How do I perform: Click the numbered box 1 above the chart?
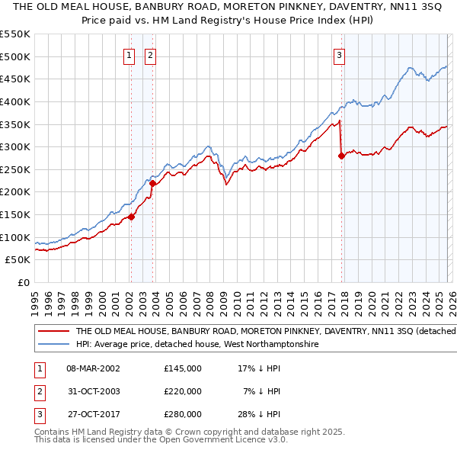(x=129, y=55)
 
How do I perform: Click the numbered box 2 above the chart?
(x=151, y=55)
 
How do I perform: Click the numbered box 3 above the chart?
(x=339, y=55)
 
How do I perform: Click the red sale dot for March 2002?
(x=131, y=217)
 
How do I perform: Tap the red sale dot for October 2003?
(x=152, y=183)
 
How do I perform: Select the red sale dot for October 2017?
(x=341, y=156)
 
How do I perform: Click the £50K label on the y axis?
(x=18, y=259)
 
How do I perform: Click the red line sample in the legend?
(x=53, y=332)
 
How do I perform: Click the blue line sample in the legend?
(x=53, y=345)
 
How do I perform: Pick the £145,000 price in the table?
(x=182, y=368)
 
